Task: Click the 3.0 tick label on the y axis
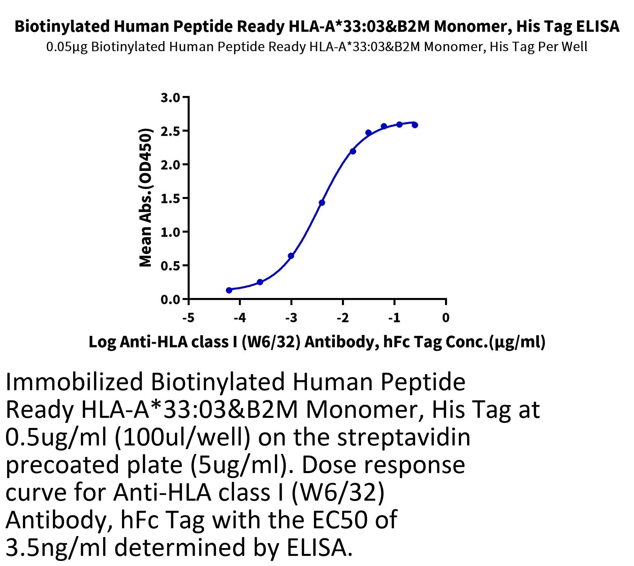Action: [x=171, y=98]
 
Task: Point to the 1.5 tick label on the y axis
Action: [x=171, y=199]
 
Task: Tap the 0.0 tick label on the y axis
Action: [x=171, y=300]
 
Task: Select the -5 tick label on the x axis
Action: [x=188, y=318]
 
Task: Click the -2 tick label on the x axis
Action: [x=343, y=318]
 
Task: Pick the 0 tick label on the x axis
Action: [x=446, y=318]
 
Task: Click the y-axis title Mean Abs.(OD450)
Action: [x=146, y=198]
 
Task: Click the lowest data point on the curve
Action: [x=229, y=290]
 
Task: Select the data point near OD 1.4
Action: [x=322, y=203]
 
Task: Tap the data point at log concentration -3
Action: [x=291, y=256]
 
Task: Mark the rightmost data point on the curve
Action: [x=415, y=125]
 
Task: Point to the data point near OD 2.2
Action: [x=353, y=151]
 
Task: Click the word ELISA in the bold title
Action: [x=597, y=27]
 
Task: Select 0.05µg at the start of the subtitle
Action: [x=67, y=47]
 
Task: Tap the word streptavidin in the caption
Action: [x=404, y=438]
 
